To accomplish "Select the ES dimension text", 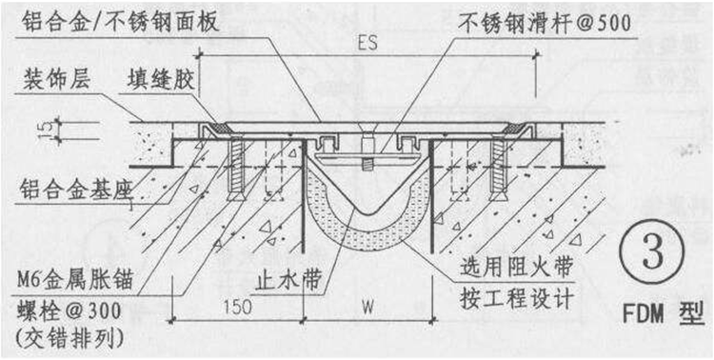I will [x=366, y=45].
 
